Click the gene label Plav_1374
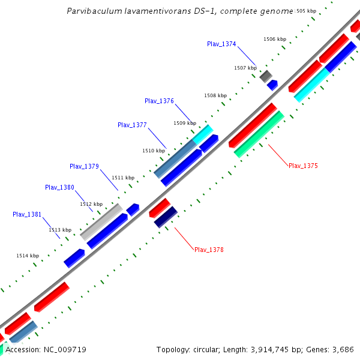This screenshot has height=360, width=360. coord(221,44)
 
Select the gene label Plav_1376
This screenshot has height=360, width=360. coord(159,101)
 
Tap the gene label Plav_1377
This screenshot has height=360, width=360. coord(132,125)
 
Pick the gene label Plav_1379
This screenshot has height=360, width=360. coord(84,166)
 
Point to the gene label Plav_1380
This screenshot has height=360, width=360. coord(59,187)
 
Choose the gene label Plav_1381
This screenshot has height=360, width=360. coord(27,214)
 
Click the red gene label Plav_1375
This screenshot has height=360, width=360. coord(303,166)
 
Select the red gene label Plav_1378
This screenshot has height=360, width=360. coord(209,250)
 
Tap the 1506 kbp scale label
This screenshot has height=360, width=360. coord(275,39)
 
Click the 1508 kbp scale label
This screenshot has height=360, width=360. coord(215,95)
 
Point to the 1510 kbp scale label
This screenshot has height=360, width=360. coord(154,151)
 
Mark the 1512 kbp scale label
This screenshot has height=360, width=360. coord(91,204)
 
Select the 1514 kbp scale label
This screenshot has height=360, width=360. coord(28,256)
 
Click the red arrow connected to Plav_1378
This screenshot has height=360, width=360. coord(160,208)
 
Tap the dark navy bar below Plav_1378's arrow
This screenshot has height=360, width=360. coord(166,217)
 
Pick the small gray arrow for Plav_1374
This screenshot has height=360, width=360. coord(266,76)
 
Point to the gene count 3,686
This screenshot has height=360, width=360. coord(341,349)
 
